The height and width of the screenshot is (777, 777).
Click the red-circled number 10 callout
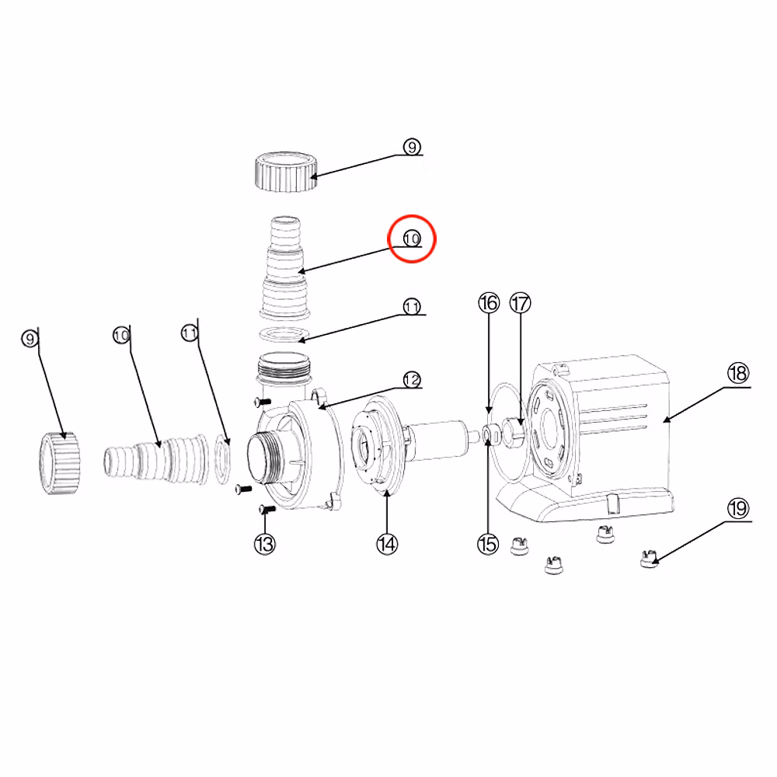click(x=412, y=239)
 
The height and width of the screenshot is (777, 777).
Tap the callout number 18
click(x=738, y=373)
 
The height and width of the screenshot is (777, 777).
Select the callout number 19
click(x=738, y=508)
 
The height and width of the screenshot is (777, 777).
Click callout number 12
click(x=412, y=380)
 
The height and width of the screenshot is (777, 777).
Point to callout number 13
click(x=265, y=544)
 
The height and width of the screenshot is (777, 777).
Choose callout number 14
click(x=387, y=544)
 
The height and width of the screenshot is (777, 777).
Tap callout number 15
click(x=488, y=544)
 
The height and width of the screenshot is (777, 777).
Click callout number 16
click(x=489, y=303)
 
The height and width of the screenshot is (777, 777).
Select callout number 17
click(x=521, y=303)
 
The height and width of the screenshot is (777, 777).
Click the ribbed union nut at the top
click(x=285, y=172)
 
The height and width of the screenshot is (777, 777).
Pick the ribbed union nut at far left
click(x=60, y=463)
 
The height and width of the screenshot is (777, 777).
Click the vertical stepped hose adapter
click(x=285, y=267)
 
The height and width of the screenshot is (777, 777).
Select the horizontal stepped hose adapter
click(x=156, y=459)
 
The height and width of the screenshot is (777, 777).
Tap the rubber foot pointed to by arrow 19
click(x=649, y=559)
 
